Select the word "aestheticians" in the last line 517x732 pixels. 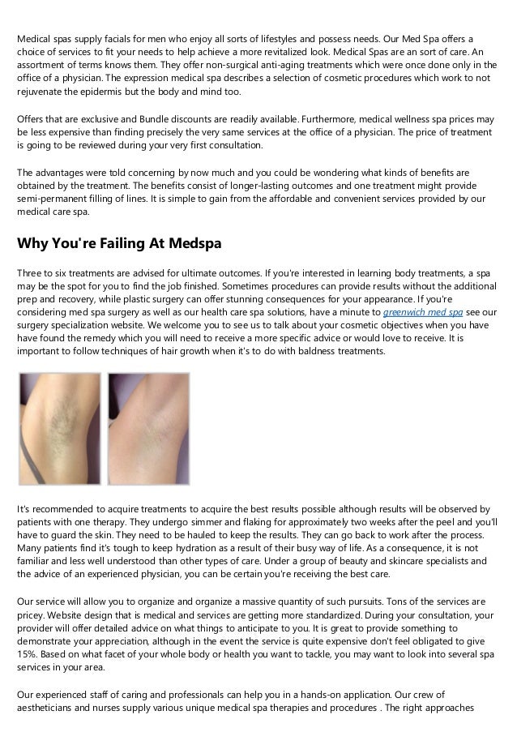(x=51, y=706)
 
